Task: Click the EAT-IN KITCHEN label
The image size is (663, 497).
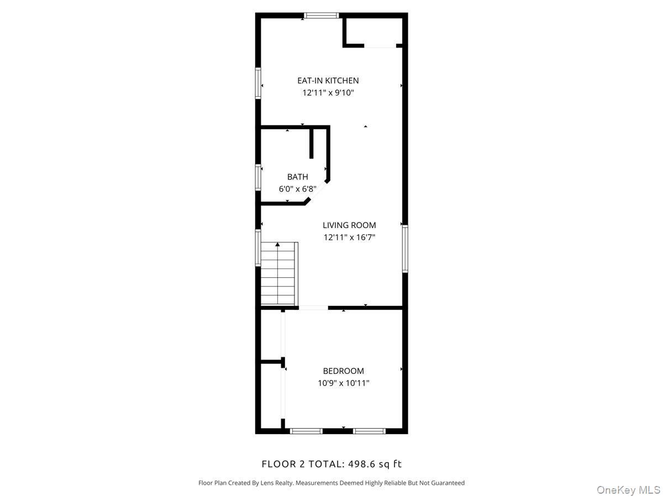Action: coord(328,81)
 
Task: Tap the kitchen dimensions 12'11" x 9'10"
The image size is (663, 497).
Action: coord(328,93)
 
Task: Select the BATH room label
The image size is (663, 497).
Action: coord(297,177)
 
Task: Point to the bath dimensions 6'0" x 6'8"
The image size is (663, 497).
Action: coord(297,189)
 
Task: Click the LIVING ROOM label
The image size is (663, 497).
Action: coord(349,225)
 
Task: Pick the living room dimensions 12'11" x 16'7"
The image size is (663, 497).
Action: coord(349,237)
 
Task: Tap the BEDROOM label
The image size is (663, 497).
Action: coord(343,371)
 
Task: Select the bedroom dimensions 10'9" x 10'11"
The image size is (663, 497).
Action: coord(343,383)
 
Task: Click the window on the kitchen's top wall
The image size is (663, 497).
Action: coord(322,15)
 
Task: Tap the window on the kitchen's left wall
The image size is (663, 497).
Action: coord(258,83)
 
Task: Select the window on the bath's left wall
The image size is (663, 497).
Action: coord(258,178)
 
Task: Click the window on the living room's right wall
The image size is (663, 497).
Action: coord(405,248)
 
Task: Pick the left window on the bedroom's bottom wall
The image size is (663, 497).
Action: coord(306,431)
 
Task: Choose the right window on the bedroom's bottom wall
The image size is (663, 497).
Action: coord(369,431)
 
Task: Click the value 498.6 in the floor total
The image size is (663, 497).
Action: coord(364,464)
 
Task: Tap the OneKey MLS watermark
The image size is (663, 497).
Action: coord(628,490)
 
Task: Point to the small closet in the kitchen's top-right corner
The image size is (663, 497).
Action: coord(373,30)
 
